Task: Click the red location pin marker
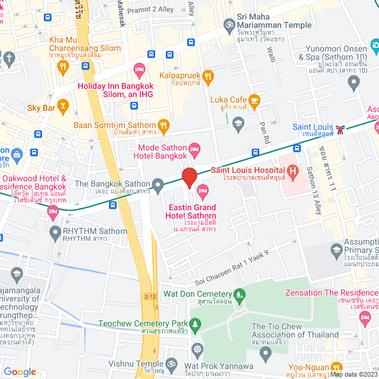189,177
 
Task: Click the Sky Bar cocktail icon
63,107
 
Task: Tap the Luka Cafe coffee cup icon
254,100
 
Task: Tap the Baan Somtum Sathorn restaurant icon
164,125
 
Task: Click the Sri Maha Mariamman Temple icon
229,25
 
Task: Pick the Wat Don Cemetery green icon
239,294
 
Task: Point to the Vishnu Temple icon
172,363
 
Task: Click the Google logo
20,371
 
